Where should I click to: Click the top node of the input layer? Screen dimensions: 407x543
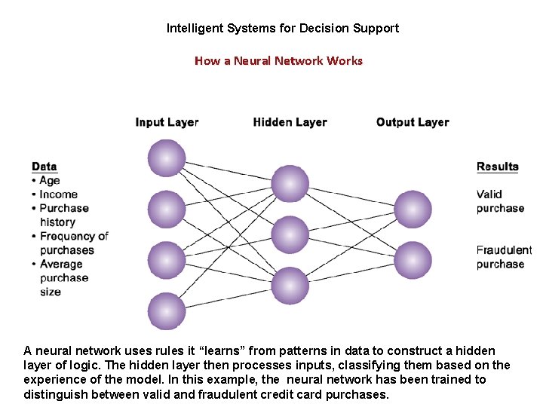click(x=167, y=158)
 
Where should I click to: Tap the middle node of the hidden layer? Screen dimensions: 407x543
click(x=290, y=234)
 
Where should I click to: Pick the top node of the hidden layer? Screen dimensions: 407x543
click(x=290, y=184)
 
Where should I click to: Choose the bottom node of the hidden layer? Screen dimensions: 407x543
click(x=290, y=286)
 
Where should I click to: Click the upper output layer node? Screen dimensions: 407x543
click(x=413, y=209)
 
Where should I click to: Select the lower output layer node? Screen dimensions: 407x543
click(x=413, y=260)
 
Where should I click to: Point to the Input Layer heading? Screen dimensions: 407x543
click(x=167, y=122)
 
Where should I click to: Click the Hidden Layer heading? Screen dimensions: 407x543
click(x=290, y=122)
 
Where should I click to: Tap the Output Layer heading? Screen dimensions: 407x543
click(x=413, y=122)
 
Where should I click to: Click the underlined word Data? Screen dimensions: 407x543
click(x=44, y=167)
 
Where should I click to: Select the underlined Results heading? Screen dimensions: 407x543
click(x=498, y=167)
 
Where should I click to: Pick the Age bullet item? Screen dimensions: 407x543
click(x=50, y=180)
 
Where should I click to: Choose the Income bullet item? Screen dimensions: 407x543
click(x=58, y=194)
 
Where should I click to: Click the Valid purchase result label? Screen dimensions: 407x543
click(x=500, y=201)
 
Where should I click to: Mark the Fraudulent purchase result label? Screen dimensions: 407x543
click(x=504, y=257)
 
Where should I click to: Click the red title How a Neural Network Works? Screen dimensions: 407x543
click(x=278, y=60)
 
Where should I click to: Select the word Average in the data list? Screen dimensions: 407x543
click(x=61, y=264)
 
